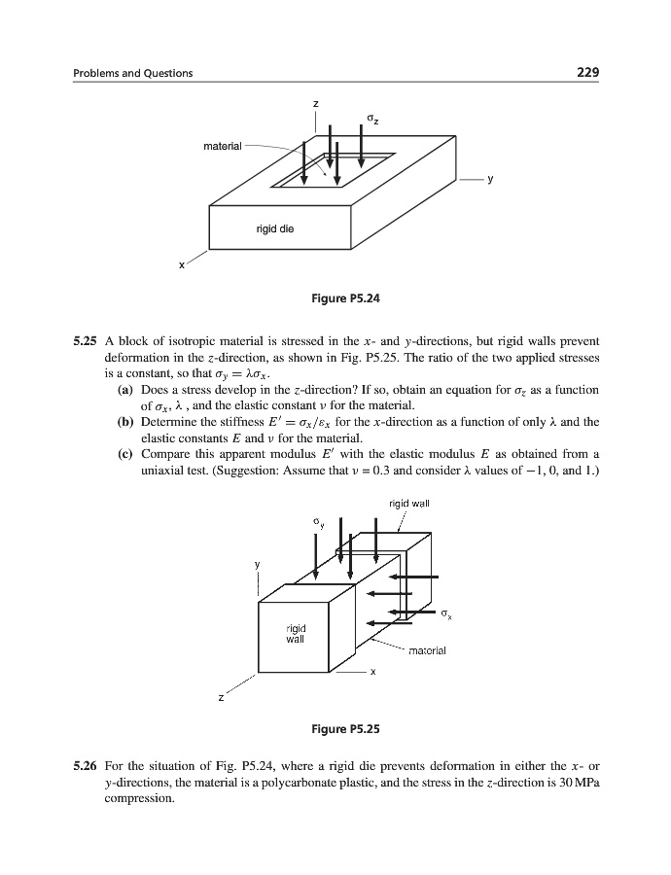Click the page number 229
tap(586, 73)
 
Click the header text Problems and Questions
tap(133, 74)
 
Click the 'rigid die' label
tap(275, 229)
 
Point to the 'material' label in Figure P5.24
tap(222, 146)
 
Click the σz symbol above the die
tap(372, 120)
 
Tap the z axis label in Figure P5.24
tap(315, 103)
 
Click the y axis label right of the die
tap(491, 180)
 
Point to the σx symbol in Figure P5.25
tap(446, 613)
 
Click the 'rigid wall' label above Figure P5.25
tap(409, 503)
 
